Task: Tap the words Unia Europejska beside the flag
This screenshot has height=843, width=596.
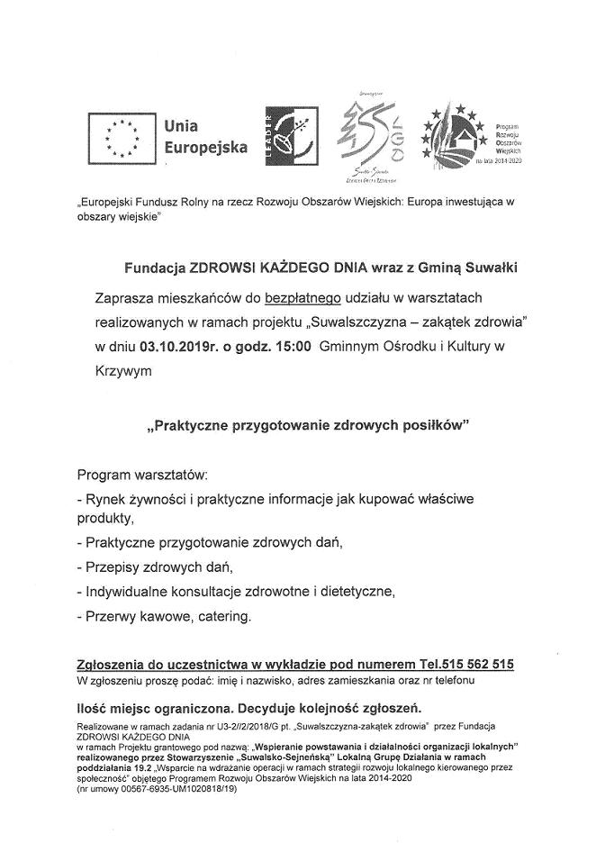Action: pos(204,137)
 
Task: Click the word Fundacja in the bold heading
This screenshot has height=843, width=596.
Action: pos(151,267)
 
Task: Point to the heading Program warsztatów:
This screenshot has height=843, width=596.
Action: pos(142,473)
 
